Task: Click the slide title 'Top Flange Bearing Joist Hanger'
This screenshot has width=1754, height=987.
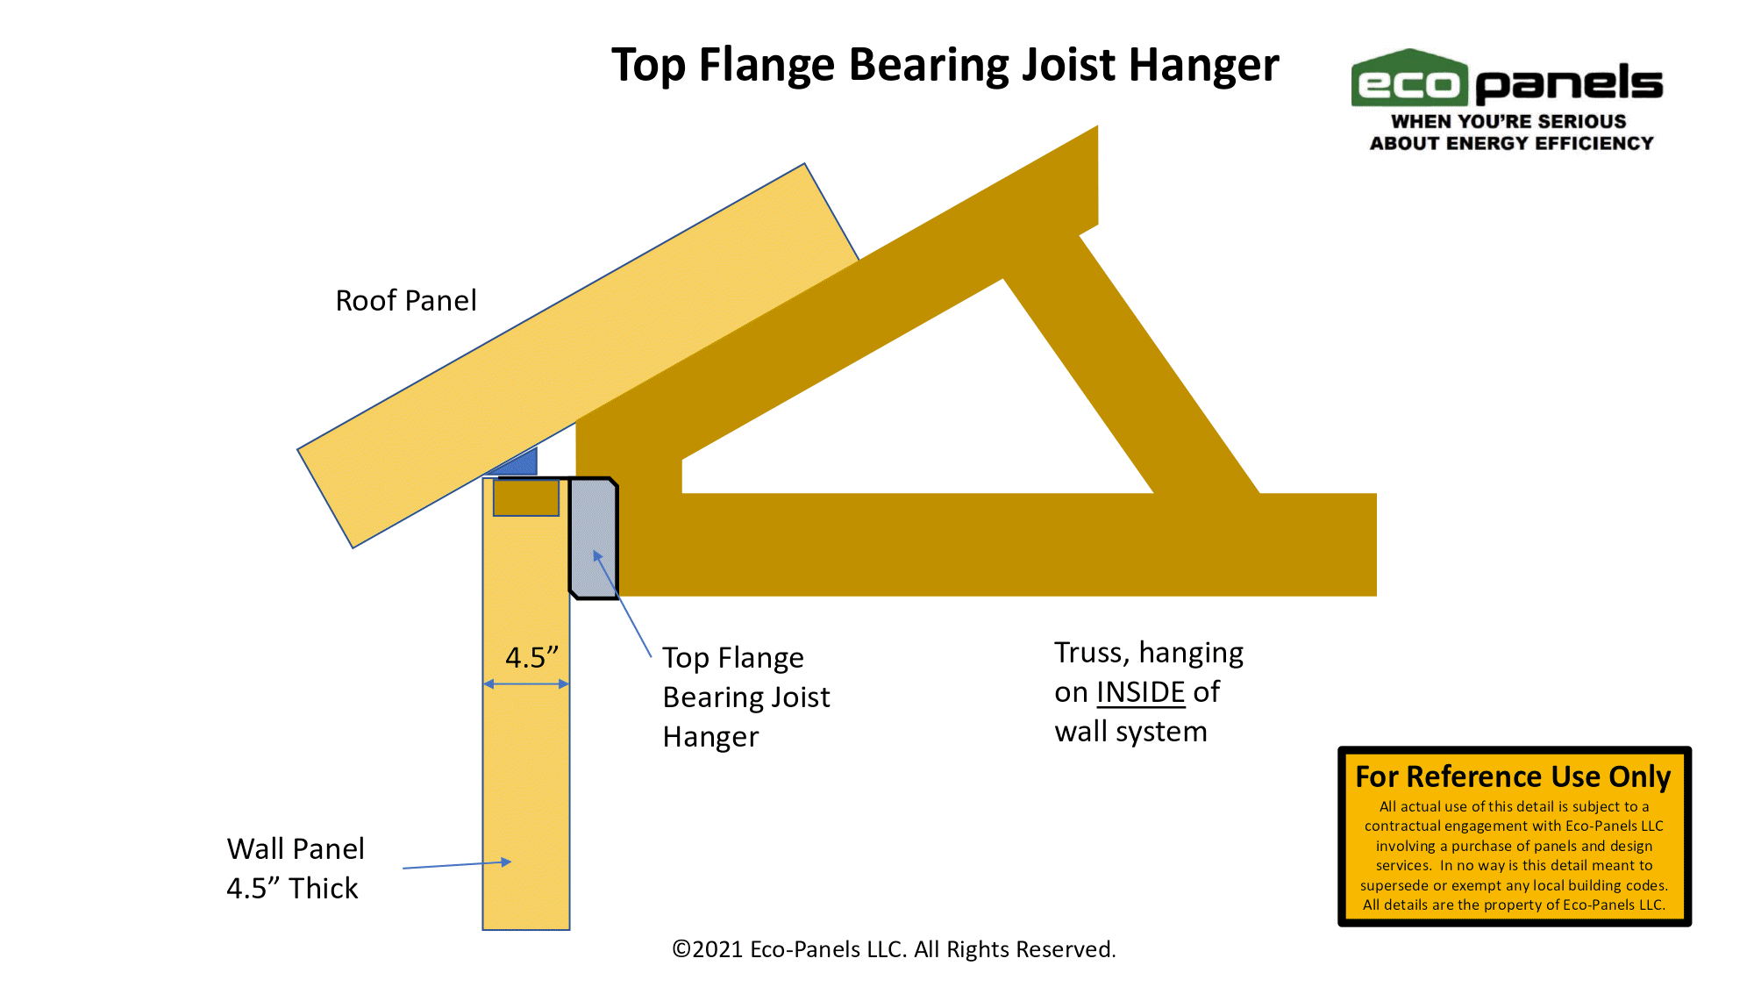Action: pyautogui.click(x=945, y=66)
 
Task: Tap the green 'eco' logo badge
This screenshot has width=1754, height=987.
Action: pyautogui.click(x=1409, y=79)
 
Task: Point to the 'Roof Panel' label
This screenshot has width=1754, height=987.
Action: pyautogui.click(x=406, y=301)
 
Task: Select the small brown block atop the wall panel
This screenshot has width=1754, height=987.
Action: pyautogui.click(x=526, y=497)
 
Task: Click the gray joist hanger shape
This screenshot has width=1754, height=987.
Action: pyautogui.click(x=594, y=538)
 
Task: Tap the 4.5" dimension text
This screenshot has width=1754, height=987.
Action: pyautogui.click(x=531, y=657)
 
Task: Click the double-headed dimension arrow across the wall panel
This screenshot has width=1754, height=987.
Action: pyautogui.click(x=526, y=683)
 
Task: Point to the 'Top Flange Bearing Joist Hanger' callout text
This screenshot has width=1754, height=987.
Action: pyautogui.click(x=745, y=697)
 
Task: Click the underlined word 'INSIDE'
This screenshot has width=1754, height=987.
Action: pyautogui.click(x=1141, y=692)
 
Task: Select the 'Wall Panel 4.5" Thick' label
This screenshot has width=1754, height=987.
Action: pyautogui.click(x=296, y=869)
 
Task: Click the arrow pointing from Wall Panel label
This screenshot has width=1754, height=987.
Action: pyautogui.click(x=457, y=865)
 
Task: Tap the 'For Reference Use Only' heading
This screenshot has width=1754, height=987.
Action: pyautogui.click(x=1514, y=777)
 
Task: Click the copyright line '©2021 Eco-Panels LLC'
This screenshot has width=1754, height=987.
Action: pyautogui.click(x=894, y=949)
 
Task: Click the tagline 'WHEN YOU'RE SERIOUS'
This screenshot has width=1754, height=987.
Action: pyautogui.click(x=1509, y=122)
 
